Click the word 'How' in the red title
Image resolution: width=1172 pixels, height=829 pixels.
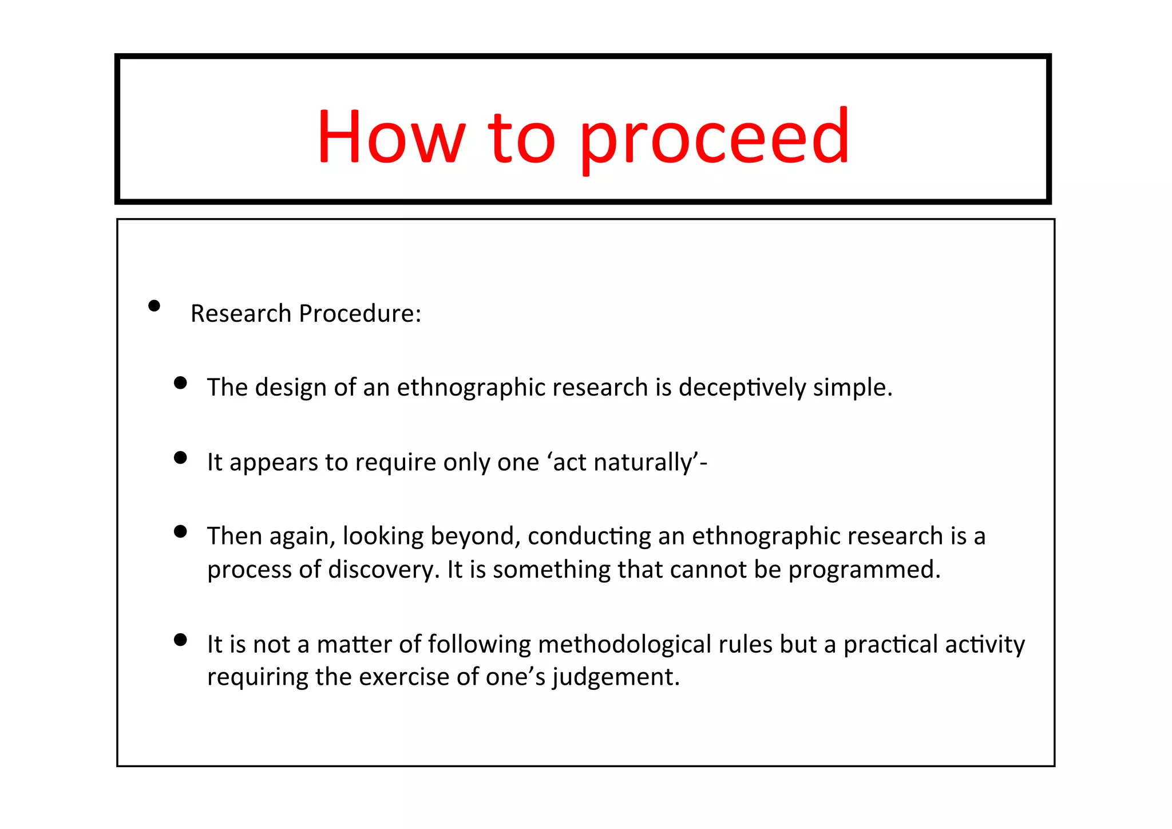391,137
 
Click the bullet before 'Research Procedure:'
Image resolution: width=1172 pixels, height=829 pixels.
154,306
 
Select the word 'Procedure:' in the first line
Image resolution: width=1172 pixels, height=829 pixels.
360,314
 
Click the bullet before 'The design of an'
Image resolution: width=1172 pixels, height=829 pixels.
180,383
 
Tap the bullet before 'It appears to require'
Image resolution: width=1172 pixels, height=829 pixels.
180,457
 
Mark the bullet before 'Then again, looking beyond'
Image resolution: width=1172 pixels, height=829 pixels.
180,532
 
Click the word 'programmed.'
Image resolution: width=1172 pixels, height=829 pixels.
864,570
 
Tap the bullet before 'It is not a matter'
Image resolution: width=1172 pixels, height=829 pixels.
180,639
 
